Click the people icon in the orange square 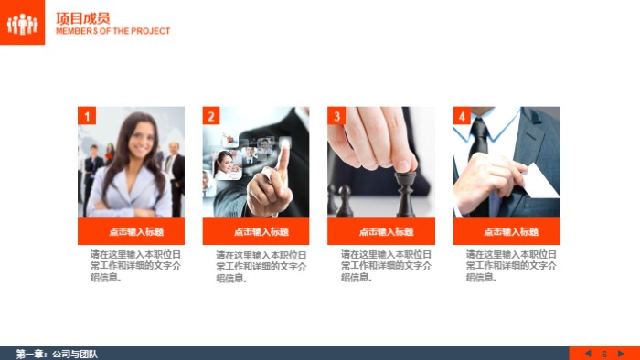pyautogui.click(x=23, y=24)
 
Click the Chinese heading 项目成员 pyautogui.click(x=83, y=18)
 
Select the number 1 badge pyautogui.click(x=87, y=116)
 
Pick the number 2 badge pyautogui.click(x=211, y=116)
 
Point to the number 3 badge pyautogui.click(x=336, y=116)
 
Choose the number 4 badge pyautogui.click(x=462, y=116)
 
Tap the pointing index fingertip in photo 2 pyautogui.click(x=284, y=145)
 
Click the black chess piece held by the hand pyautogui.click(x=406, y=194)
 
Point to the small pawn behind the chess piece pyautogui.click(x=345, y=201)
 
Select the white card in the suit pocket pyautogui.click(x=539, y=182)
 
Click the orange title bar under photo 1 pyautogui.click(x=131, y=231)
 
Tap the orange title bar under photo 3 pyautogui.click(x=381, y=231)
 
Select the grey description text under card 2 pyautogui.click(x=261, y=267)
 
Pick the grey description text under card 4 pyautogui.click(x=511, y=266)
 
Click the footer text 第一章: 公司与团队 pyautogui.click(x=57, y=354)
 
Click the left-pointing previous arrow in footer pyautogui.click(x=588, y=354)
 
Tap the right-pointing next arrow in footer pyautogui.click(x=621, y=354)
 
